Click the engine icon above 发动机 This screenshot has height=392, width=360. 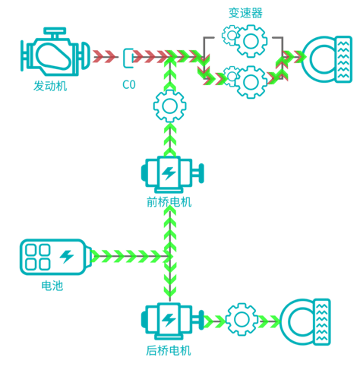(55, 52)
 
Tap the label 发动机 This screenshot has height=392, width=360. (50, 86)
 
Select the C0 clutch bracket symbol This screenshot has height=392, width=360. (128, 58)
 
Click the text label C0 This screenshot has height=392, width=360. (129, 84)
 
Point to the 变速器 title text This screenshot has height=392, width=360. (245, 13)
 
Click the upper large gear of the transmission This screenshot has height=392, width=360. (251, 41)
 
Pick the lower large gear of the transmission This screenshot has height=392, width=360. (251, 82)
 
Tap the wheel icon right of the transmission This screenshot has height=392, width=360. (327, 59)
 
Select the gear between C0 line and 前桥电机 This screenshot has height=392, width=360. (169, 106)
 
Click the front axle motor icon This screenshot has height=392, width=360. (172, 174)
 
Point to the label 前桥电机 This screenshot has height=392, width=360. (169, 202)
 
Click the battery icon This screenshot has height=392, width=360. (55, 257)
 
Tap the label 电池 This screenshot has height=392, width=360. (52, 286)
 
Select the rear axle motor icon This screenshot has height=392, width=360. (172, 321)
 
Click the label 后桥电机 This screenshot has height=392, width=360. (169, 351)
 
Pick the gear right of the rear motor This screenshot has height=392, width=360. (242, 319)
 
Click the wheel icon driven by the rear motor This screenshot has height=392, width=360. (305, 322)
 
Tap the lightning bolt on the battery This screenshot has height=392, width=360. (67, 257)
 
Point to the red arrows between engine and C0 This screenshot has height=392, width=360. (104, 56)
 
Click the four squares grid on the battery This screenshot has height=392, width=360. (38, 257)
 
